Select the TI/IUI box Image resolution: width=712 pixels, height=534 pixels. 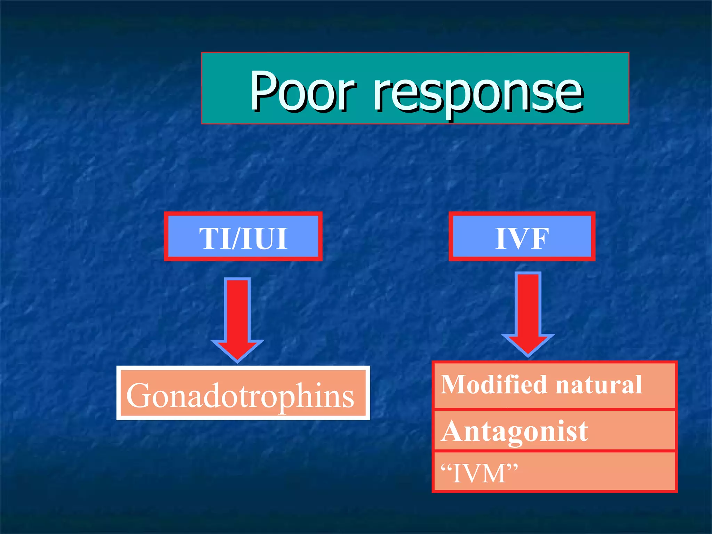click(243, 237)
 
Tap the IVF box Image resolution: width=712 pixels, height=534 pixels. click(521, 237)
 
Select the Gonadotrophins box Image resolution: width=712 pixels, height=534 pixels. click(243, 393)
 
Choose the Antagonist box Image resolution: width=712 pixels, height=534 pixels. click(554, 430)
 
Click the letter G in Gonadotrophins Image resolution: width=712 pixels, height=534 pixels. click(139, 395)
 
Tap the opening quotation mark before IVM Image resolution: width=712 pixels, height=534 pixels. click(446, 467)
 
